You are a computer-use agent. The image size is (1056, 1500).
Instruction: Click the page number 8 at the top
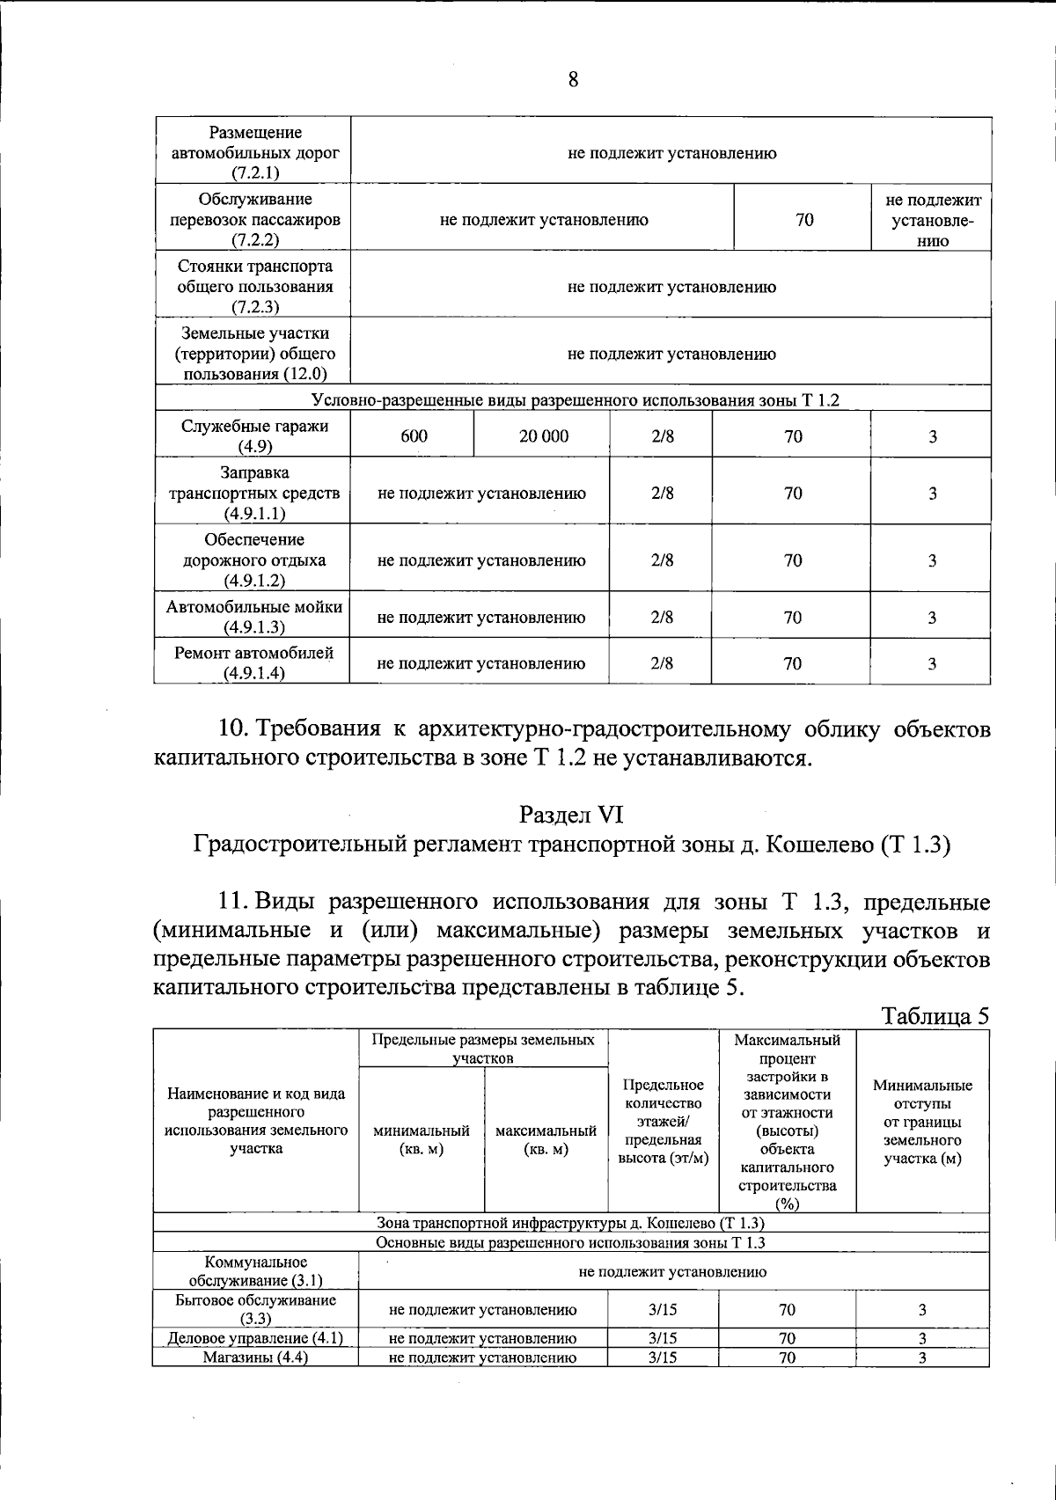[573, 81]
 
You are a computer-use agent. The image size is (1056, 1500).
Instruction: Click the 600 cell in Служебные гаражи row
[414, 436]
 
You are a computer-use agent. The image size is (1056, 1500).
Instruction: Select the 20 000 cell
[543, 436]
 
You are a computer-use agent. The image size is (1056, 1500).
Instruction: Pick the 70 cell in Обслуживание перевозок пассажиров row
[804, 220]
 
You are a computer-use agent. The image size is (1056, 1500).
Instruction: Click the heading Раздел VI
[571, 815]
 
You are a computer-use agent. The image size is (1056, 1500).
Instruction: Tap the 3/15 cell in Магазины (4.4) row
[663, 1357]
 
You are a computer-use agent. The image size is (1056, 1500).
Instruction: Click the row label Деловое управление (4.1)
[256, 1338]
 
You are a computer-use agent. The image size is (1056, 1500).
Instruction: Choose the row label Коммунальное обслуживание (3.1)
[256, 1271]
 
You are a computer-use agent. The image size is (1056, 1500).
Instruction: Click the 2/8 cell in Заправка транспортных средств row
[662, 494]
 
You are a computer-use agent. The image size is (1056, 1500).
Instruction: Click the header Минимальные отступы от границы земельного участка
[922, 1122]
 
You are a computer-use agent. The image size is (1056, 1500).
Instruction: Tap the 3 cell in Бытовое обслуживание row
[922, 1310]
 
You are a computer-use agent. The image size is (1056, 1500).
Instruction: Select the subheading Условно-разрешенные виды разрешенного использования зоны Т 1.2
[576, 401]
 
